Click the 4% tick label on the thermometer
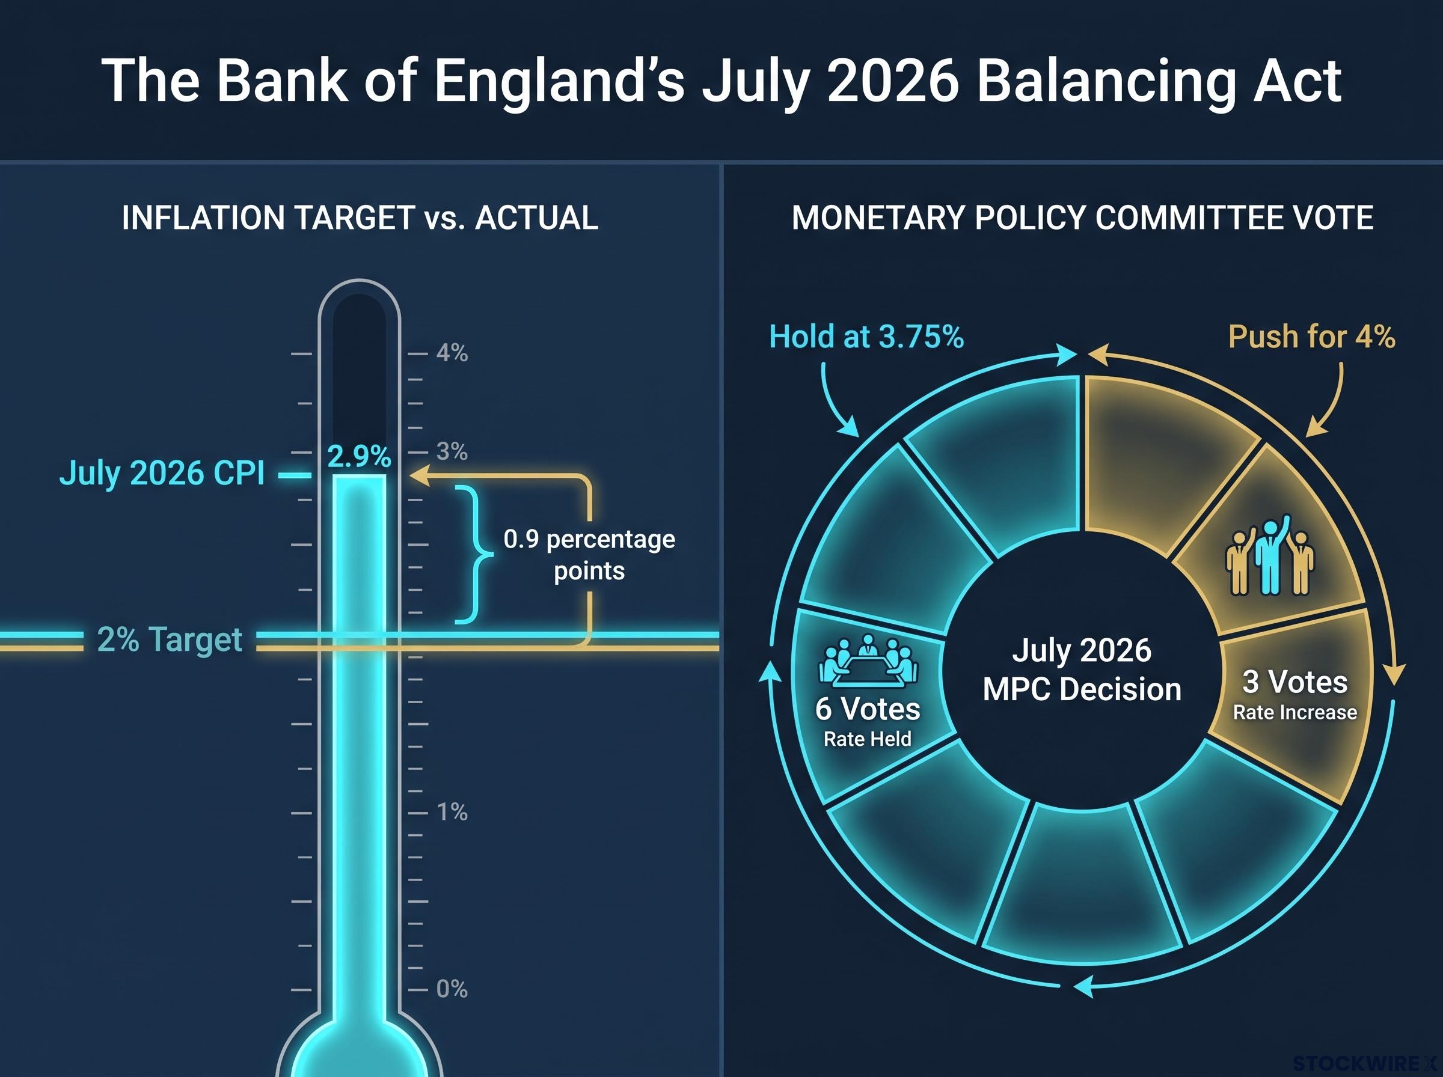point(452,353)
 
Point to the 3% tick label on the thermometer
point(452,451)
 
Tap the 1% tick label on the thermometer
point(452,813)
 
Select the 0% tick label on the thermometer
point(452,989)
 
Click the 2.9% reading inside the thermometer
point(360,456)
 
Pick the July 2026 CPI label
point(162,474)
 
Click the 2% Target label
point(170,639)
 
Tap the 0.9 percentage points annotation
point(589,555)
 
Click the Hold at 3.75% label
point(866,337)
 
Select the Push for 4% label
point(1312,337)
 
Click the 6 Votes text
point(868,709)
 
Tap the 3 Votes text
point(1295,683)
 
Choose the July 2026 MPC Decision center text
point(1082,670)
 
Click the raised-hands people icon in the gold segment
point(1270,555)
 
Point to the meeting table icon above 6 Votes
point(868,661)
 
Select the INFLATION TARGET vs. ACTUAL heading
point(360,218)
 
